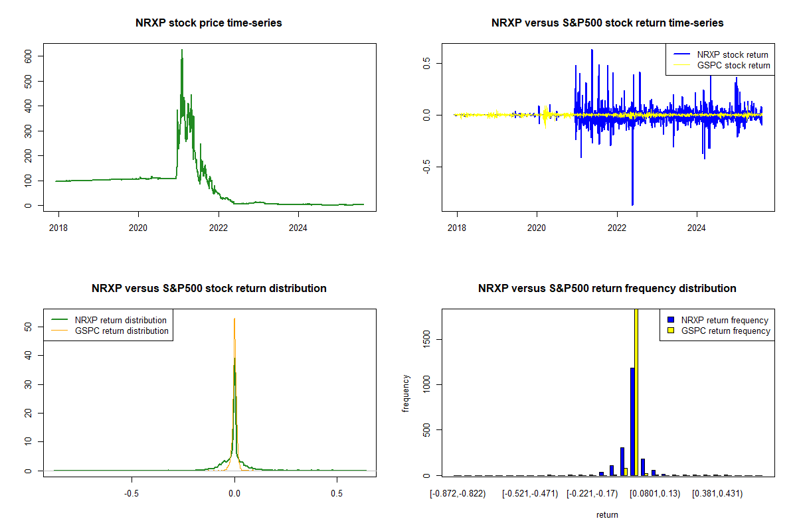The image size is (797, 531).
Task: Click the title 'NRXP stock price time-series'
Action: [209, 23]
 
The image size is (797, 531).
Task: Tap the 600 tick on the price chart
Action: [29, 56]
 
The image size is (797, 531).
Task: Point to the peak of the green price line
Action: [181, 50]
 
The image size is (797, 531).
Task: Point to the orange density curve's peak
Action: [234, 319]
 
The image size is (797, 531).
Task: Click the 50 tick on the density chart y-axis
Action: [29, 327]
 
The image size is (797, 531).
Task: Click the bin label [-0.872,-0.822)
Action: [458, 494]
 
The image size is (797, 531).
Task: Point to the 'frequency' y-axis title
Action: [406, 394]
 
